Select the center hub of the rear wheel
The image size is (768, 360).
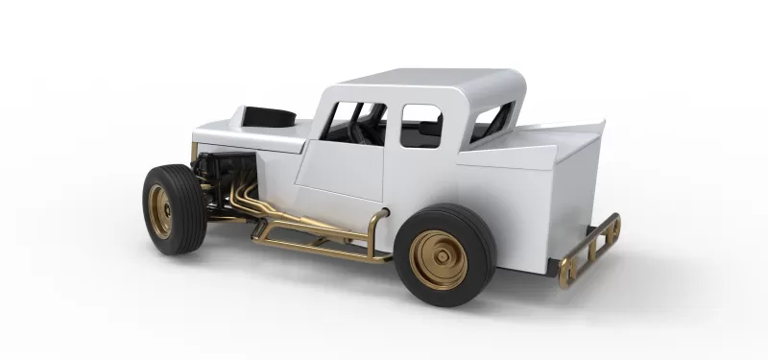coord(439,259)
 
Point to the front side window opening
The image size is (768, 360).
coord(352,124)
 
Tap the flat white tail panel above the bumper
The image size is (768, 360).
coord(576,192)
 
